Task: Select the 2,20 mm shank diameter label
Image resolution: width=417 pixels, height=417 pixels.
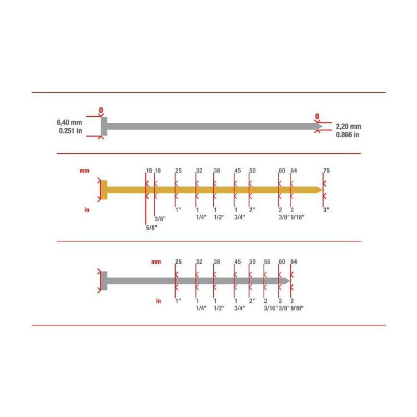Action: pyautogui.click(x=348, y=126)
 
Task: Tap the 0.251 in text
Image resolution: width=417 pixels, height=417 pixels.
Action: pyautogui.click(x=70, y=131)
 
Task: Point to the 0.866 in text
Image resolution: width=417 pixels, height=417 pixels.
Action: pyautogui.click(x=348, y=135)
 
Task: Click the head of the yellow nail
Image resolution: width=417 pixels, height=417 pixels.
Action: pyautogui.click(x=104, y=189)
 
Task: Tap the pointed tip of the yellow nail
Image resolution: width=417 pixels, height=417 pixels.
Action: pyautogui.click(x=319, y=189)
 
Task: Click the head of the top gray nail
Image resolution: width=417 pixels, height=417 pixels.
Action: pyautogui.click(x=104, y=126)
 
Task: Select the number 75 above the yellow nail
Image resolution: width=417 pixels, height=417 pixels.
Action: pyautogui.click(x=326, y=170)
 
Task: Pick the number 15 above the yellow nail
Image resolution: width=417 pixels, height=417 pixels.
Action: pyautogui.click(x=149, y=170)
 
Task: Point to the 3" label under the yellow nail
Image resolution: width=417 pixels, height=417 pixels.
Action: pyautogui.click(x=326, y=210)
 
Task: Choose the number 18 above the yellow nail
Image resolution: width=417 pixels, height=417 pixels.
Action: pyautogui.click(x=158, y=170)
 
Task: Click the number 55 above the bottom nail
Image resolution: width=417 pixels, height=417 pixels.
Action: pyautogui.click(x=267, y=262)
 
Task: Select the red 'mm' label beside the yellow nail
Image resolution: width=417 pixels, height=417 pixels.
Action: pyautogui.click(x=84, y=170)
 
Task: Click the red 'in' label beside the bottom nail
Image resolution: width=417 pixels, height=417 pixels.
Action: pyautogui.click(x=157, y=301)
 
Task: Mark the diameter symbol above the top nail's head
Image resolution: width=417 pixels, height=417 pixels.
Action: pyautogui.click(x=101, y=111)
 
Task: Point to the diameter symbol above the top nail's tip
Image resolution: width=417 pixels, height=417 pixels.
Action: pyautogui.click(x=316, y=115)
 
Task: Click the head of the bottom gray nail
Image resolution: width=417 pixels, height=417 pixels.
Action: pyautogui.click(x=104, y=280)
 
